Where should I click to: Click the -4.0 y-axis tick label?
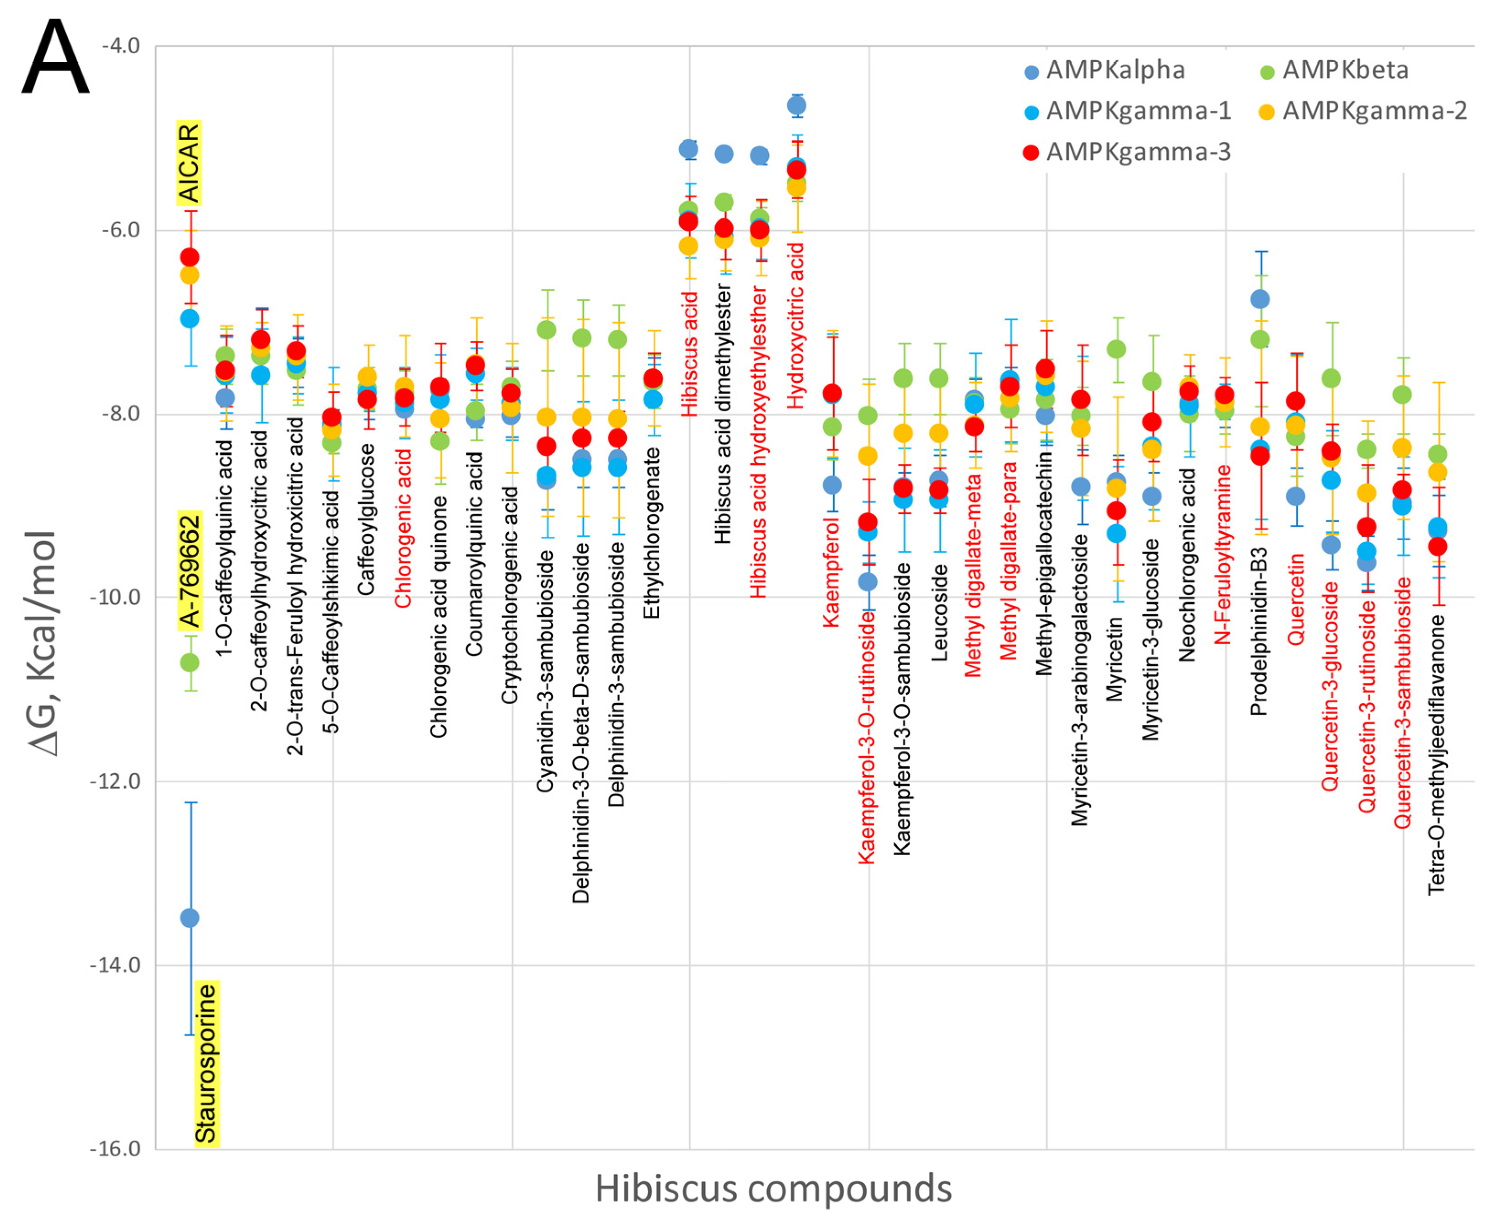[121, 46]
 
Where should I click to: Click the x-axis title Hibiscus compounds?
[772, 1189]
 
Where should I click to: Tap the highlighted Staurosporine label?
[206, 1064]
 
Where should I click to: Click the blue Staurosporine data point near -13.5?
[189, 918]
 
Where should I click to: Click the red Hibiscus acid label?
[689, 354]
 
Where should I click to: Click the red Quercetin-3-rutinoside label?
[1367, 695]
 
